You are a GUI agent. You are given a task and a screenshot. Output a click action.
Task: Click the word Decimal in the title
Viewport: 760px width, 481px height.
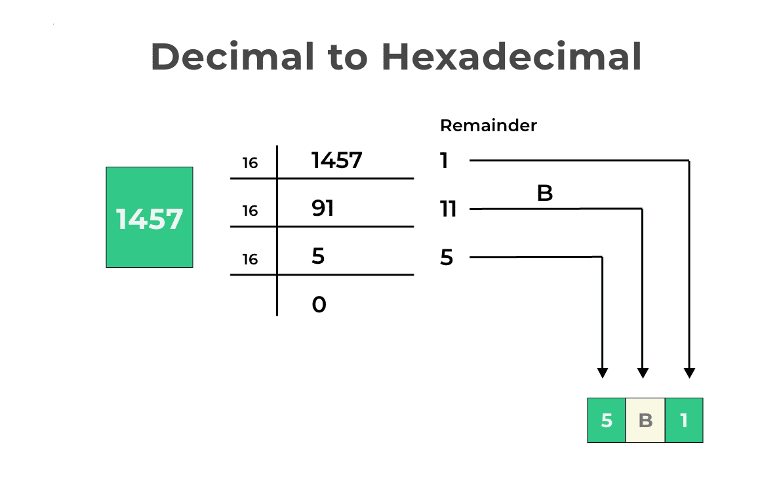(233, 56)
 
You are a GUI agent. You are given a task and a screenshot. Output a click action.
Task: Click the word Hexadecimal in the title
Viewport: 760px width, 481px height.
(511, 56)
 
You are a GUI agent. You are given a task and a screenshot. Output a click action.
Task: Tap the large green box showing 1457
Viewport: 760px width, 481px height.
(150, 217)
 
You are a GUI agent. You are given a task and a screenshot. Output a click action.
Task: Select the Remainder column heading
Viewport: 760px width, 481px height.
(488, 125)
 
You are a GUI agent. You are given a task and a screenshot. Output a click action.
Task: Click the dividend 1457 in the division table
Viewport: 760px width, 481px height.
(336, 160)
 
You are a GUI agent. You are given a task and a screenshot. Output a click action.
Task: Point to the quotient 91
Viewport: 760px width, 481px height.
(323, 209)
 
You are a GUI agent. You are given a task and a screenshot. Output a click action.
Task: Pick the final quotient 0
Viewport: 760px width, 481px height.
(319, 304)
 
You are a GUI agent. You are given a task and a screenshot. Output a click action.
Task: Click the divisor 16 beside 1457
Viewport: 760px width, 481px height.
(250, 163)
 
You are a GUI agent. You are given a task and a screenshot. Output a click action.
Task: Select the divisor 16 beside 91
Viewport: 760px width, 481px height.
(250, 211)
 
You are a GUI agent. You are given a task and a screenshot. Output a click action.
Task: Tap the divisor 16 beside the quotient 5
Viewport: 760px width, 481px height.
(250, 260)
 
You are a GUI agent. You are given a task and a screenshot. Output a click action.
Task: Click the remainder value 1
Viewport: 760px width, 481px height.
(444, 161)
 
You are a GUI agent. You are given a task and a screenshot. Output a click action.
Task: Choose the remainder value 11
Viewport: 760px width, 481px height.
(448, 209)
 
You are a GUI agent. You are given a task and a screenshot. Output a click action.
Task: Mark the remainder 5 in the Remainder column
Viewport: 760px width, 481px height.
(447, 258)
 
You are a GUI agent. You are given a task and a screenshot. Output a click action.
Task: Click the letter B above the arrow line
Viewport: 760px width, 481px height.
(545, 194)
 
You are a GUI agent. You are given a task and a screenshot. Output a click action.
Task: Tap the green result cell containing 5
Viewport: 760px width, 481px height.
(607, 420)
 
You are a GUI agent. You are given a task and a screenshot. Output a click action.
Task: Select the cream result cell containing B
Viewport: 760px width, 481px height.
(645, 420)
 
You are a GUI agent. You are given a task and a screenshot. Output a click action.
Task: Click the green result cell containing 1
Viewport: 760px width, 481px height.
(684, 420)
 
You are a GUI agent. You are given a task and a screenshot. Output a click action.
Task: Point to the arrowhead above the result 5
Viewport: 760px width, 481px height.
(603, 373)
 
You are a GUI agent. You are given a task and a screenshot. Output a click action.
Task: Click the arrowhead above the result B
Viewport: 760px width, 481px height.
(643, 373)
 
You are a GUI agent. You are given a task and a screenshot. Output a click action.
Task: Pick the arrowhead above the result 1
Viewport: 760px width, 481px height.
(689, 373)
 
